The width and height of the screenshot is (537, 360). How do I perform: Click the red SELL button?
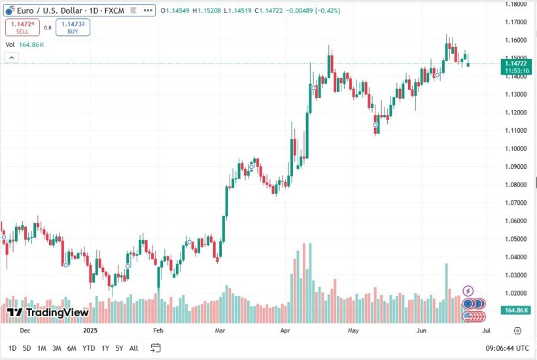pyautogui.click(x=22, y=27)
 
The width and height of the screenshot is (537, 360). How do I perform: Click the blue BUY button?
pyautogui.click(x=73, y=27)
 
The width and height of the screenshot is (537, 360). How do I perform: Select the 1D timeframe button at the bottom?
pyautogui.click(x=12, y=348)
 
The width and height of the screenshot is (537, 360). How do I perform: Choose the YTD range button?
pyautogui.click(x=89, y=348)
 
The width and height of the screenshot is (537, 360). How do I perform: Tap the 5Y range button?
pyautogui.click(x=119, y=348)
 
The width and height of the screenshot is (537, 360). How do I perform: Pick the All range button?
pyautogui.click(x=133, y=348)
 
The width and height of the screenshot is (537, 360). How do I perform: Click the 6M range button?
pyautogui.click(x=72, y=348)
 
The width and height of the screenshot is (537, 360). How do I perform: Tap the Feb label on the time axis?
pyautogui.click(x=158, y=331)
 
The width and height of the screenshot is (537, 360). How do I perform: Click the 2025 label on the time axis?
pyautogui.click(x=90, y=331)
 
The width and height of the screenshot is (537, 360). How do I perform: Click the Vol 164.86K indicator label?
pyautogui.click(x=25, y=45)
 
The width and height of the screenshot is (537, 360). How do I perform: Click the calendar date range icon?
pyautogui.click(x=156, y=348)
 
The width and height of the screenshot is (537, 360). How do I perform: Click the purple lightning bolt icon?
pyautogui.click(x=468, y=290)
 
